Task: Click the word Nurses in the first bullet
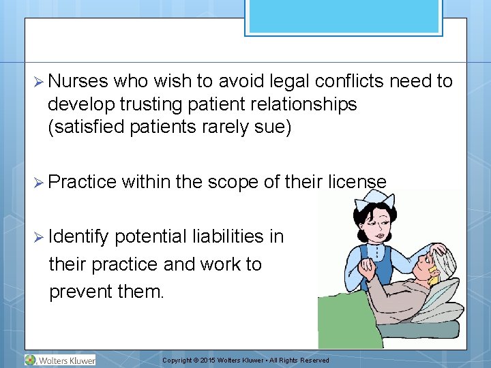click(x=78, y=82)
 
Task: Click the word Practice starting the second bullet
click(x=83, y=182)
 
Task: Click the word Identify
click(x=78, y=237)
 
